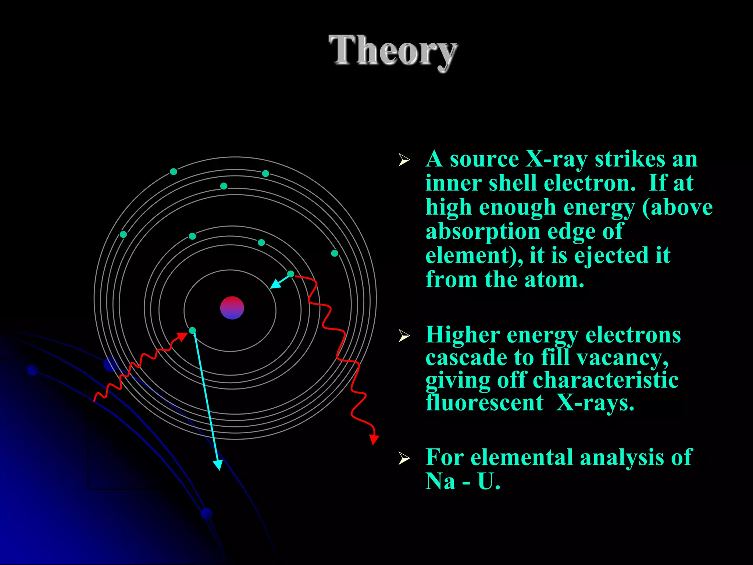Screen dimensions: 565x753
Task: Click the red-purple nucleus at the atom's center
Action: coord(232,308)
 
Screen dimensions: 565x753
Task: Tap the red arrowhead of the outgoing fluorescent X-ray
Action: coord(374,439)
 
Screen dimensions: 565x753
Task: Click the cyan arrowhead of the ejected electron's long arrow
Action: coord(218,465)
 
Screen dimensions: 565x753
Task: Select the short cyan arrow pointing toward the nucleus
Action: coord(279,282)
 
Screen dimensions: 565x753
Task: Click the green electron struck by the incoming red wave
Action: coord(192,330)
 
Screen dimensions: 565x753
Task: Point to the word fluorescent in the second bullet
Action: coord(484,403)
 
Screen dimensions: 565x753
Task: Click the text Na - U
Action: coord(463,481)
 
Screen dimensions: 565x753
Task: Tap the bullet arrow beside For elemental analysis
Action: coord(404,458)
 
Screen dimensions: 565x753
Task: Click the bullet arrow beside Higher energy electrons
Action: coord(404,335)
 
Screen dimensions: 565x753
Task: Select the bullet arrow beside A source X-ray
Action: coord(404,160)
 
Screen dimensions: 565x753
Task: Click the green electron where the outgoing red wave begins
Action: coord(290,274)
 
